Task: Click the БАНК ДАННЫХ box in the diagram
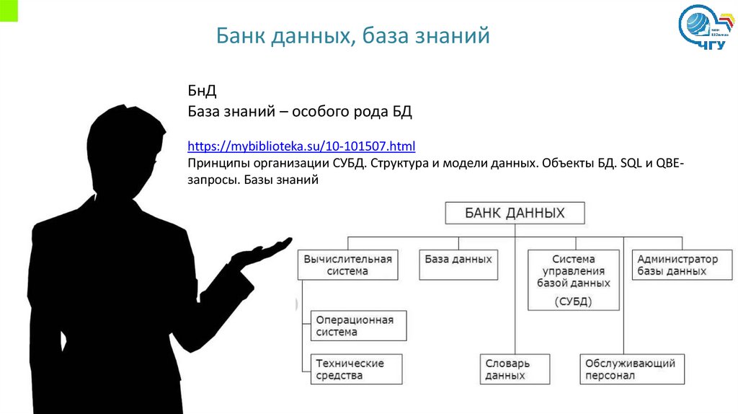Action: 515,213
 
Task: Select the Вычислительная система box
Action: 348,265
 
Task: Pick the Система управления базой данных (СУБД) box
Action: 574,280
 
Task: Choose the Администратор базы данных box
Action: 677,265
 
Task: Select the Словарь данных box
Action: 515,369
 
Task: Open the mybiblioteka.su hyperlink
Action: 302,147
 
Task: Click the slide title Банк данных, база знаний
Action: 353,35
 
